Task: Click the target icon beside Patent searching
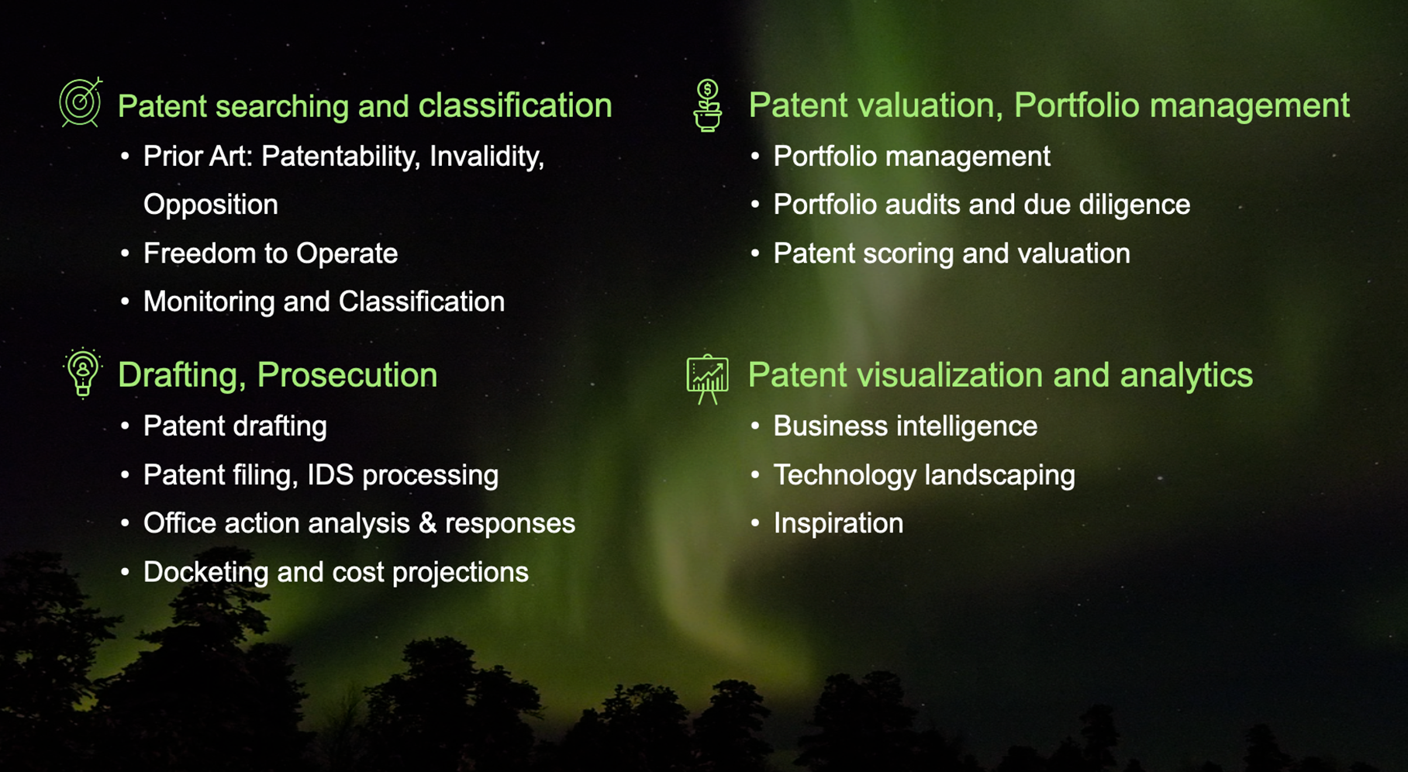(81, 102)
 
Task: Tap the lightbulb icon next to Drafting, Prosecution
(83, 373)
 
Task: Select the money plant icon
(707, 105)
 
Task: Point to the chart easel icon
(707, 379)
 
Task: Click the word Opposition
(211, 205)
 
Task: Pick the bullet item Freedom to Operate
(271, 253)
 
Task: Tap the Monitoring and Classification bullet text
(324, 302)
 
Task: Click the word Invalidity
(487, 157)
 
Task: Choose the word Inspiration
(838, 523)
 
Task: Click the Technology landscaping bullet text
(924, 475)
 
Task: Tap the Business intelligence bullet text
(906, 426)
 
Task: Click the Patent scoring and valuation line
(952, 253)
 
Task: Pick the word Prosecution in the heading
(347, 375)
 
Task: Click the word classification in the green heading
(516, 105)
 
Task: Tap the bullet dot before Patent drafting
(126, 426)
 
